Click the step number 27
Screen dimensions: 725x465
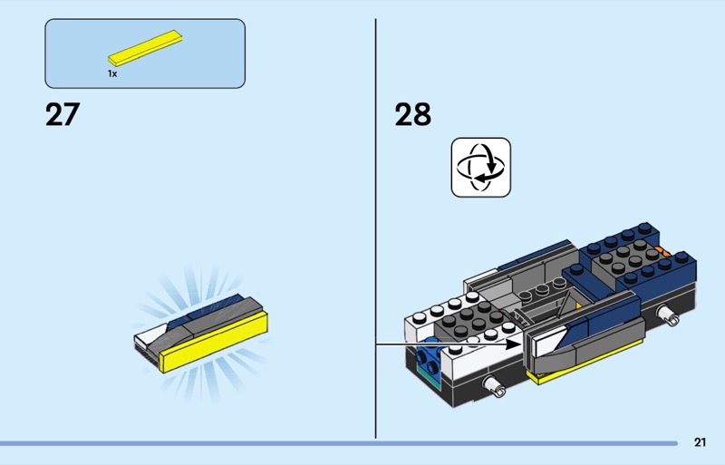63,114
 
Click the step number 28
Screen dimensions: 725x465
413,114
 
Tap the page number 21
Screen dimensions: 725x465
700,442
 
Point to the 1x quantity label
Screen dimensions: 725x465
112,73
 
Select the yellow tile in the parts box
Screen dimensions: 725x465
145,48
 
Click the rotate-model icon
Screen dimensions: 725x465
481,168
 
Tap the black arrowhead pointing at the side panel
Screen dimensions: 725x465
513,344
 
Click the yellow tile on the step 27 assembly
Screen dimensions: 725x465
214,343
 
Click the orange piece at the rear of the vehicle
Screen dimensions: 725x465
665,252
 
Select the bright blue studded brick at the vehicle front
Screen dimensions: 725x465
427,356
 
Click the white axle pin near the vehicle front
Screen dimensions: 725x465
494,385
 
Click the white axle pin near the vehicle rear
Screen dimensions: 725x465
669,315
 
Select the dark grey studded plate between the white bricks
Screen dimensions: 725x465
469,319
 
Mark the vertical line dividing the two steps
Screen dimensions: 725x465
375,228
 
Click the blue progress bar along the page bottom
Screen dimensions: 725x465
338,443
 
